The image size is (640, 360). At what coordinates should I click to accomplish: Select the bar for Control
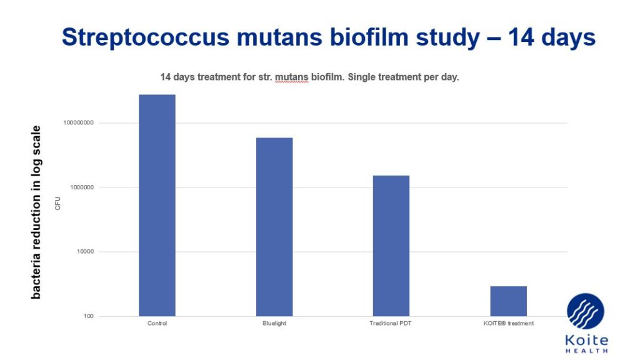pos(157,205)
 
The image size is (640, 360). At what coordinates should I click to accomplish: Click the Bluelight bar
pos(274,227)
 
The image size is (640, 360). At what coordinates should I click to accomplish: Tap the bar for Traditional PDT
pos(391,246)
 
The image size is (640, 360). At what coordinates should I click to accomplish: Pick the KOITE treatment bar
pos(509,301)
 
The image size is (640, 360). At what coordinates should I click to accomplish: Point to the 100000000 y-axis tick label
pos(78,122)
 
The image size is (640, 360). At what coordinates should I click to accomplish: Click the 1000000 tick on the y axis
pos(81,187)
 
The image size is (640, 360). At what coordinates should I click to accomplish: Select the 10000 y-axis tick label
pos(85,251)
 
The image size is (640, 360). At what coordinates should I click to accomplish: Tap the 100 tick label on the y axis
pos(89,316)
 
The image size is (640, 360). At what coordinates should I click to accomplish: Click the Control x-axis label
pos(157,323)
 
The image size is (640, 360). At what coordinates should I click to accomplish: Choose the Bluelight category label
pos(274,323)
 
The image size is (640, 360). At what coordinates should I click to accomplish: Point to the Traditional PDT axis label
pos(391,323)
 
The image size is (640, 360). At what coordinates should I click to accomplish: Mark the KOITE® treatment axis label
pos(509,323)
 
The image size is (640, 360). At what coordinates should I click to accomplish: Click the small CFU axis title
pos(57,203)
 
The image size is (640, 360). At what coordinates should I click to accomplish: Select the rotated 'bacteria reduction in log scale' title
pos(36,212)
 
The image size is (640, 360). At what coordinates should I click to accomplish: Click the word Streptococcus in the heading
pos(146,37)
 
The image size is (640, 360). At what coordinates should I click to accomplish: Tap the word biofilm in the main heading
pos(369,37)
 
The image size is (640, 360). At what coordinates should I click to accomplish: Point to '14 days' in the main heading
pos(552,37)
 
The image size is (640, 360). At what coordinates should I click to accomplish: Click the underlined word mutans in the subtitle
pos(291,77)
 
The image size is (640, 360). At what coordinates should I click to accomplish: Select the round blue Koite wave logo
pos(586,311)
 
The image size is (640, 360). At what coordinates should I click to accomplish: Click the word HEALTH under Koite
pos(586,351)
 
